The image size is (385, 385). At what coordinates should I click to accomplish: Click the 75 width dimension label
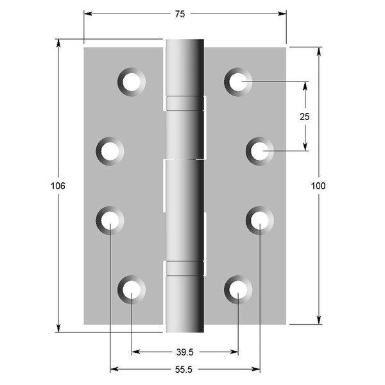coord(180,14)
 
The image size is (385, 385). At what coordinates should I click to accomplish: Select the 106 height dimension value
coord(58,186)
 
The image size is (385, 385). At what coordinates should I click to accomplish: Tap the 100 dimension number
coord(318,186)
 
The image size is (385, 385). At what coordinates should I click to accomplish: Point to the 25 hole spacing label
coord(304,117)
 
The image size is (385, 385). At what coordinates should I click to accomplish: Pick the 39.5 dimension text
coord(185,352)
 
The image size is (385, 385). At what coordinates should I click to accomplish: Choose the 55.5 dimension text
coord(184,370)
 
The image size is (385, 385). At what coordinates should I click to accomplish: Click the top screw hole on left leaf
coord(132,81)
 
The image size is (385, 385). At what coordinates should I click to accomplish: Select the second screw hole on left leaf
coord(110,151)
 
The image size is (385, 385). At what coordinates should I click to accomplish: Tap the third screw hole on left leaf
coord(110,220)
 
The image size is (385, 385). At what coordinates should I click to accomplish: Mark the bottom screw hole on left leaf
coord(132,289)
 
